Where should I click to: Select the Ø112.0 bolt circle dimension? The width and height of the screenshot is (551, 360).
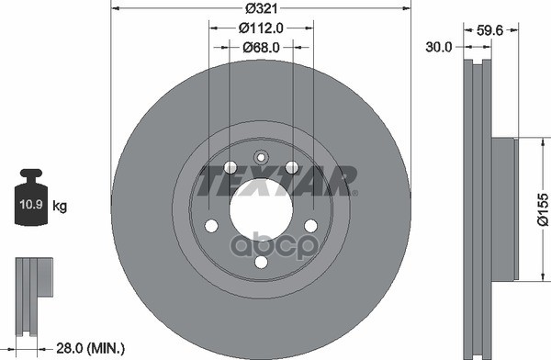[x=259, y=28]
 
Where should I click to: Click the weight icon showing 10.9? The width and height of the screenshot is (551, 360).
[x=30, y=196]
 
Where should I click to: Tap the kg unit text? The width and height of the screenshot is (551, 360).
[x=60, y=207]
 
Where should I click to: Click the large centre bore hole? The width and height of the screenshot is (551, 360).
[x=260, y=213]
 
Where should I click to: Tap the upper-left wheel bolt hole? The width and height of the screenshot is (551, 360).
[x=229, y=168]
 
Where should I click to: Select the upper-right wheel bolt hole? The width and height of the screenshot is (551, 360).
[x=292, y=167]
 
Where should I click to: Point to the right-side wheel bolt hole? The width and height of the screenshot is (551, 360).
[x=310, y=226]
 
